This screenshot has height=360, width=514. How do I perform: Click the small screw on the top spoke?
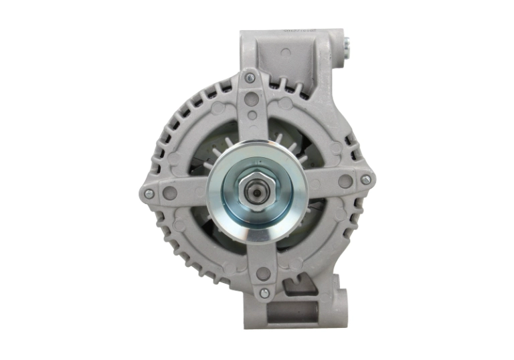pyautogui.click(x=250, y=78)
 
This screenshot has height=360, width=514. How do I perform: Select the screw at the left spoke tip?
pyautogui.click(x=149, y=193)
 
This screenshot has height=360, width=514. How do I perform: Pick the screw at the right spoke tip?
pyautogui.click(x=365, y=179)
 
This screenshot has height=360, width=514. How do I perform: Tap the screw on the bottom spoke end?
pyautogui.click(x=264, y=292)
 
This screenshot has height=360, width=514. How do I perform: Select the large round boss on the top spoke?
pyautogui.click(x=252, y=99)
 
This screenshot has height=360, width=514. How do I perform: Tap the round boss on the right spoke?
pyautogui.click(x=345, y=181)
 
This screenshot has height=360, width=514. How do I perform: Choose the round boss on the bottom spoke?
pyautogui.click(x=263, y=274)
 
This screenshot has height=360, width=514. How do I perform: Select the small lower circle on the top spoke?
pyautogui.click(x=252, y=115)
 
